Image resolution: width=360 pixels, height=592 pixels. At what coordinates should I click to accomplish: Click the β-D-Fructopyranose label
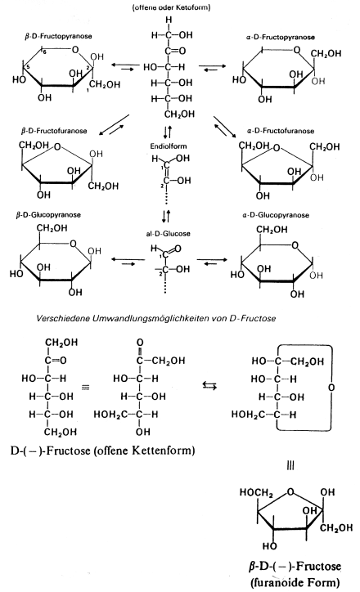point(59,37)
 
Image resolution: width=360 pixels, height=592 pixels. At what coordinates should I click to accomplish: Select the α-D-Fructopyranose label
point(281,37)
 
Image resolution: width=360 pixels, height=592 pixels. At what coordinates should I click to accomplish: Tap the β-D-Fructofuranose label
point(54,131)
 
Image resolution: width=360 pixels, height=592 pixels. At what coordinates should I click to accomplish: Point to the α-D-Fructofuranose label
point(281,131)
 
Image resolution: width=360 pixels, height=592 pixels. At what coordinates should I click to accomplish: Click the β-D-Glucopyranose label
point(48,215)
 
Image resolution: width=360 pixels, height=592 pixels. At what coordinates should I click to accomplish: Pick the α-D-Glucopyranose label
point(276,215)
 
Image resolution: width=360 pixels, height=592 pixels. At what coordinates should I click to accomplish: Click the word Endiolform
point(169,146)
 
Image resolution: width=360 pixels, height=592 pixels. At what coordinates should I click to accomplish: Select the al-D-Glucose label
point(168,234)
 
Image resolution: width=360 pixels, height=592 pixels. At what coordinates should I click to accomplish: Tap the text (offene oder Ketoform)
point(171,7)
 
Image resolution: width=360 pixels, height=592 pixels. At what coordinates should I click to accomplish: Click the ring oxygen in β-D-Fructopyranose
point(75,49)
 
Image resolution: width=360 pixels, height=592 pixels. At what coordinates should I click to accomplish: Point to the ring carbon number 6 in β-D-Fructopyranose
point(44,52)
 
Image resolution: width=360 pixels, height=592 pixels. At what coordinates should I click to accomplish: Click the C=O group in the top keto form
point(175,51)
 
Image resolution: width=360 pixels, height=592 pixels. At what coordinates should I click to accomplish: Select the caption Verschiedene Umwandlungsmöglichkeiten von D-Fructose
point(156,318)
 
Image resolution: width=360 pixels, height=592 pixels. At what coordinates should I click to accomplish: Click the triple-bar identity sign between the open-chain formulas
point(86,387)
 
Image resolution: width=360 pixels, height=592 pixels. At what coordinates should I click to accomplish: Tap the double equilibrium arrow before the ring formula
point(209,385)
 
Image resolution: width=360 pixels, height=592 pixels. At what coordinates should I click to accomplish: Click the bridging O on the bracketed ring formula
point(331,388)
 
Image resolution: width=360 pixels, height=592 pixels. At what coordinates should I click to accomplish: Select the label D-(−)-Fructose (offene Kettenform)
point(102,451)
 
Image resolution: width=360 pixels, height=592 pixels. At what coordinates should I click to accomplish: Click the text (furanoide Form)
point(295,582)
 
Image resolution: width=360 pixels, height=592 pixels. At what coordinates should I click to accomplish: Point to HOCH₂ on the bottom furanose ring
point(256,492)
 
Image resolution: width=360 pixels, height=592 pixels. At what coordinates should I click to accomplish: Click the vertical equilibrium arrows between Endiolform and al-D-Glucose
point(166,216)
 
